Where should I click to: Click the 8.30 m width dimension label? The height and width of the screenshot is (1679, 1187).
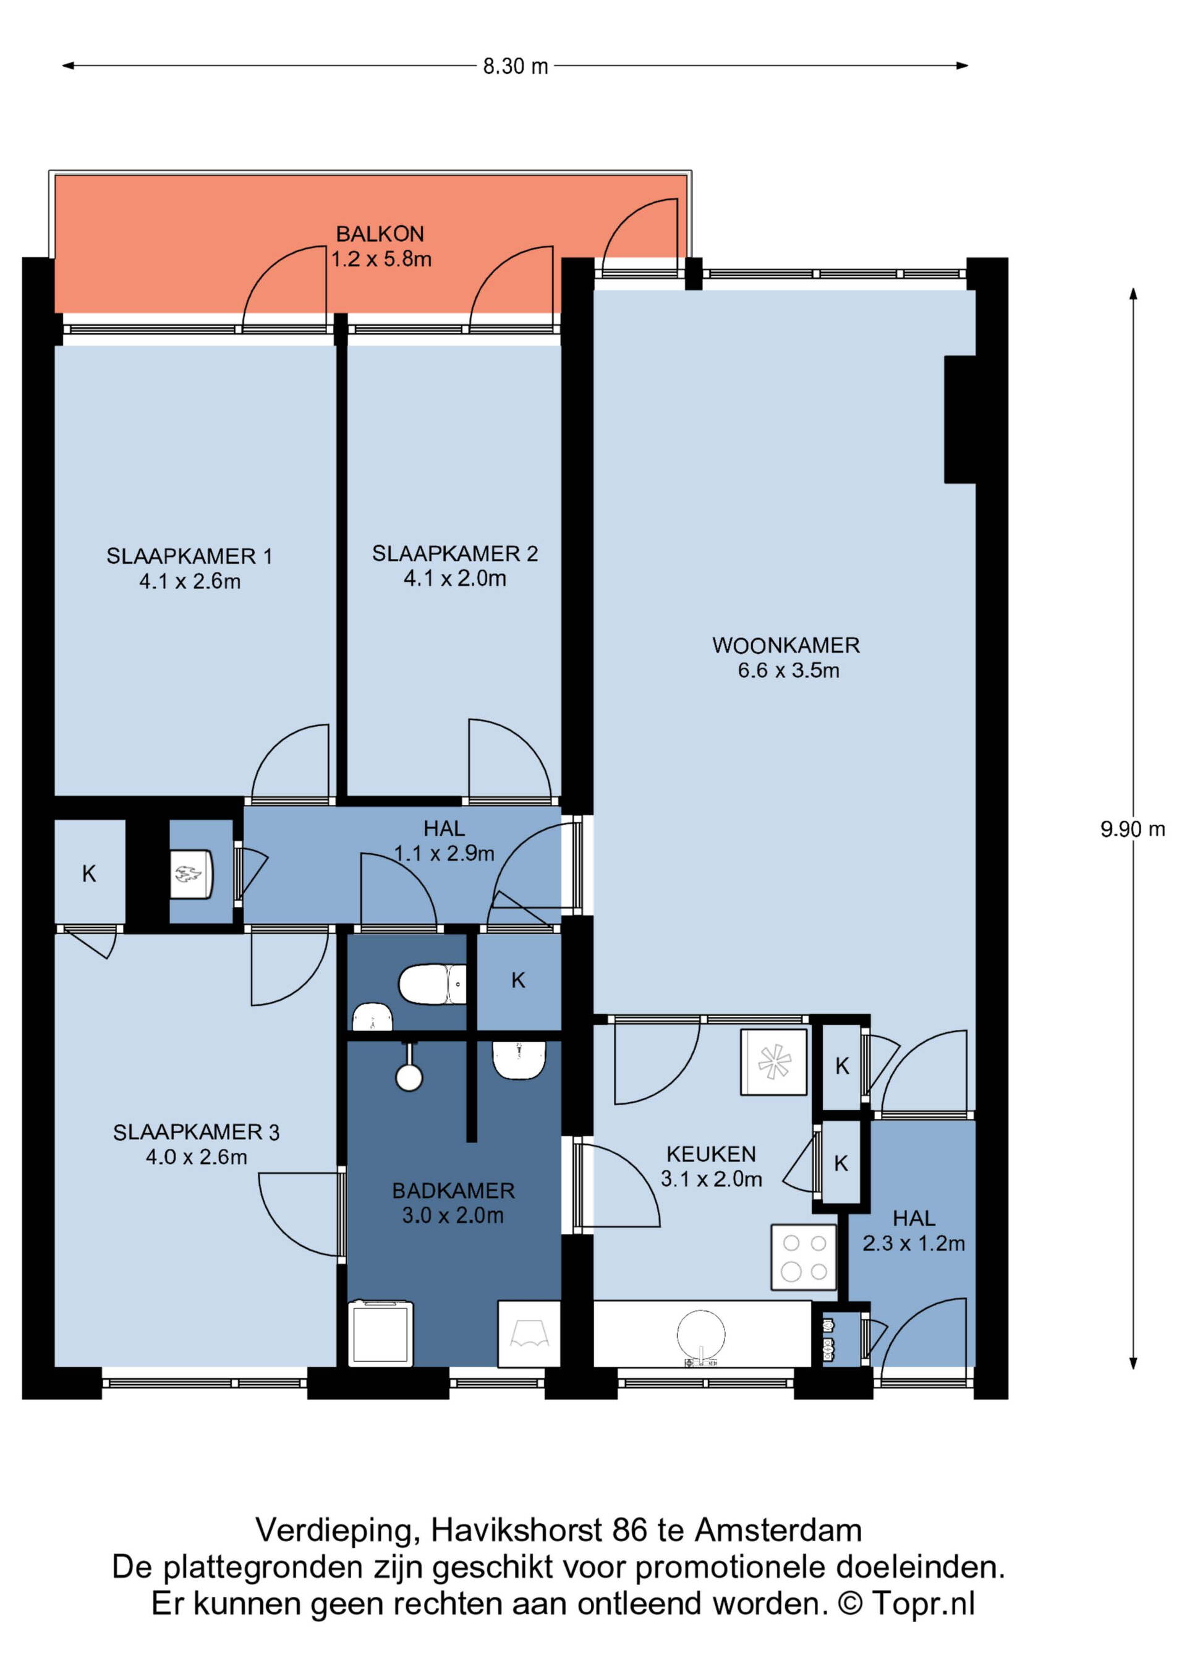coord(515,67)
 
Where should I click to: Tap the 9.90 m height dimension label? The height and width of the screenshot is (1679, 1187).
coord(1132,829)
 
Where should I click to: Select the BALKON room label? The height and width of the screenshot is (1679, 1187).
coord(380,234)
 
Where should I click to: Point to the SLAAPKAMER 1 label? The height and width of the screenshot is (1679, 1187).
coord(189,556)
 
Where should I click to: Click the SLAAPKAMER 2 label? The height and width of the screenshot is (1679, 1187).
coord(455,553)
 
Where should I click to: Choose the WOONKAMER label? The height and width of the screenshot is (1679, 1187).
coord(786,646)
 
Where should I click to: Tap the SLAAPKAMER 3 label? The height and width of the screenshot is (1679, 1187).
coord(196,1133)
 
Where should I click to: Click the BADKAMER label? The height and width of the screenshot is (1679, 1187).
coord(453,1191)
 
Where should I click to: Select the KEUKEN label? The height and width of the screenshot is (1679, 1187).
coord(711,1155)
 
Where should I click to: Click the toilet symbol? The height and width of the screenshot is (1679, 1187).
coord(432,984)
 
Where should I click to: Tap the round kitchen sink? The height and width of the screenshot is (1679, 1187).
coord(701,1336)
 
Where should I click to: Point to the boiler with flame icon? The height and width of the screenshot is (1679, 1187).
coord(192,874)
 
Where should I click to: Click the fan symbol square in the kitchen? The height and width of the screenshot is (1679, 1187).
coord(774,1063)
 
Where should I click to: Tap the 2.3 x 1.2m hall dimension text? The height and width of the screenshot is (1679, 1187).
coord(914,1244)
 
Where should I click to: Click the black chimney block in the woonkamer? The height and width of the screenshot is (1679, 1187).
coord(959,420)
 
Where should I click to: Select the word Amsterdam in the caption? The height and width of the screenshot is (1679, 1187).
coord(778,1530)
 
